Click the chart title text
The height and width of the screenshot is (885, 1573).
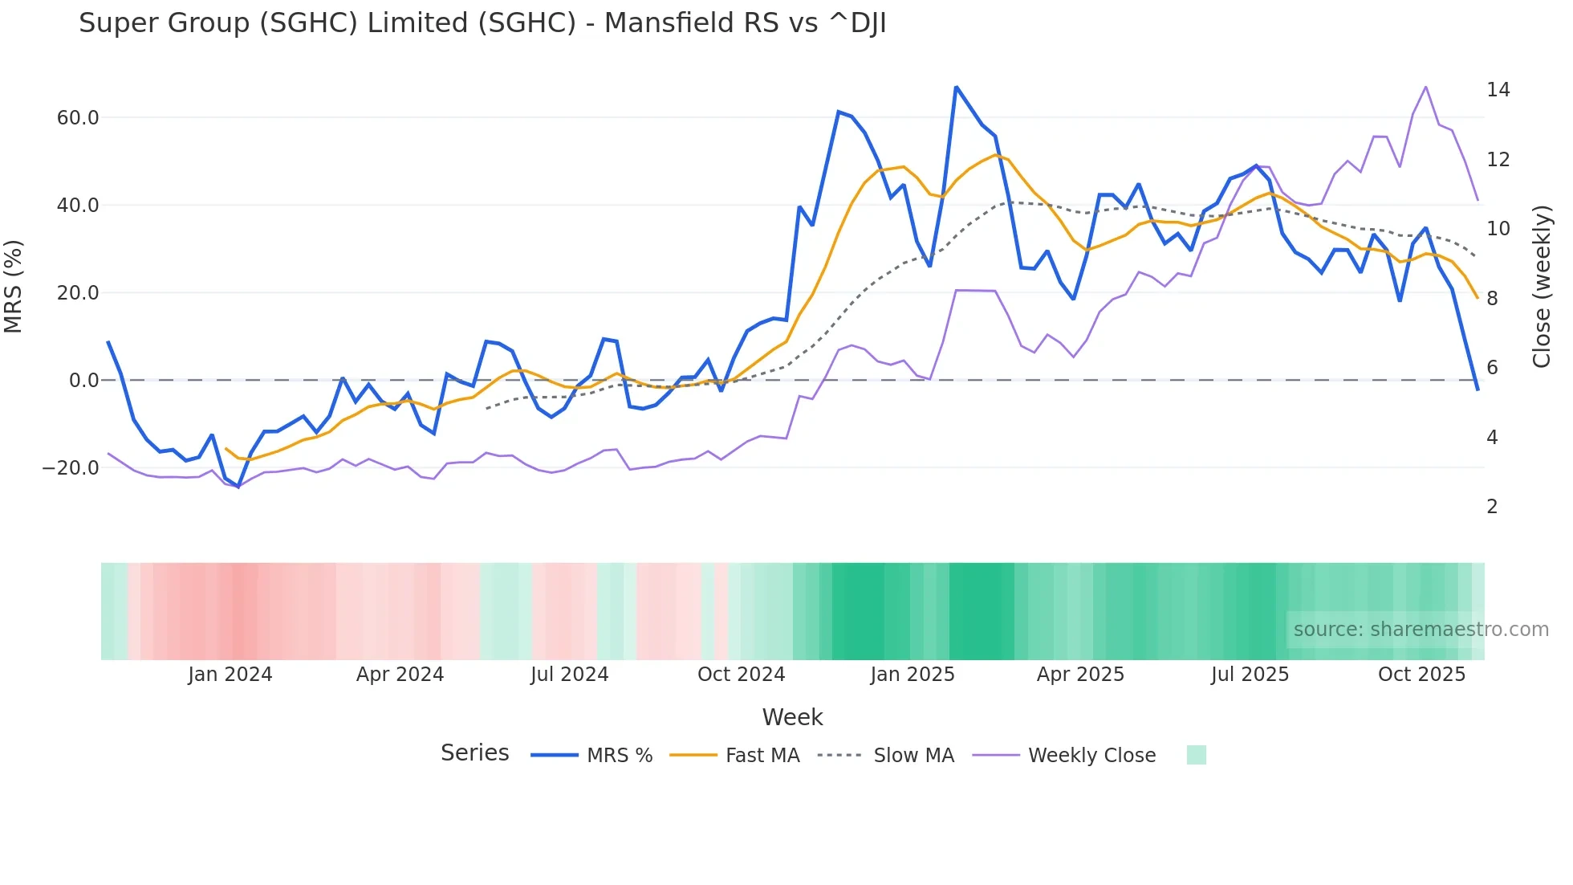482,23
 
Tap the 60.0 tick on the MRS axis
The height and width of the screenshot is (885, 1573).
78,118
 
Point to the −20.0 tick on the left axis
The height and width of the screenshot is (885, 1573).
71,467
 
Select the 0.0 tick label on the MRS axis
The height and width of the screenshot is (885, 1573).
83,381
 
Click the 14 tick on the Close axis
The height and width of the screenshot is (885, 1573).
1498,90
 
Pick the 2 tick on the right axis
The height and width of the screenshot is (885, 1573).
1492,507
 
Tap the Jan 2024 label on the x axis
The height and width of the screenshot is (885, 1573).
230,675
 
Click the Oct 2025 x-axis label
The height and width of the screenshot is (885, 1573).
1421,675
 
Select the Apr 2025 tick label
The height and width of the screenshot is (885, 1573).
1080,675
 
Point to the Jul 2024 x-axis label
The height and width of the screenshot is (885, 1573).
569,675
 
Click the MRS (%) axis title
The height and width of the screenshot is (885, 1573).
14,287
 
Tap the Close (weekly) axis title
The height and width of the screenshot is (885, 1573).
1542,287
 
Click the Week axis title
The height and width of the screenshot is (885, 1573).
792,717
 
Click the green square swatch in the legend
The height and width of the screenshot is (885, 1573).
1196,755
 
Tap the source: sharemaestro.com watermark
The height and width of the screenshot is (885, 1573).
1421,630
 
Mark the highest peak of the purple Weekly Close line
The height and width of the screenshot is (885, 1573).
1425,87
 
